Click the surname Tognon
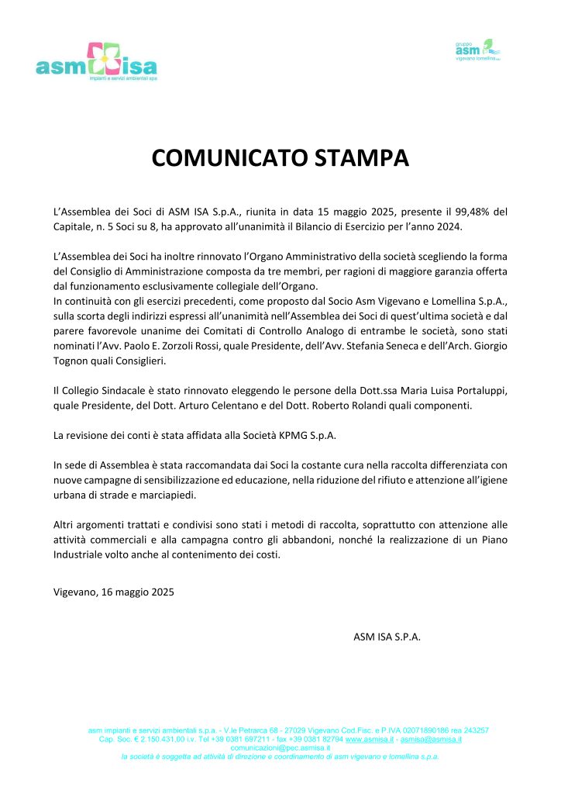[75, 360]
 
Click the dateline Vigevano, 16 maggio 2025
[114, 592]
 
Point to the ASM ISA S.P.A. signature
[387, 637]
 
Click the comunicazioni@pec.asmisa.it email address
[280, 748]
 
